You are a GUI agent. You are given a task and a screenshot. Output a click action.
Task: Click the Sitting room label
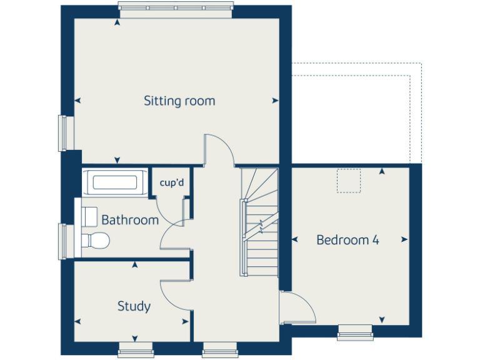click(x=179, y=101)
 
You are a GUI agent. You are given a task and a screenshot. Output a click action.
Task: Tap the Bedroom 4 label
click(x=347, y=240)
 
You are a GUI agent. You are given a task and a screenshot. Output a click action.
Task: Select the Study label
click(x=134, y=306)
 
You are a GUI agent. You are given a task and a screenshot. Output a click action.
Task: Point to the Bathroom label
click(x=130, y=220)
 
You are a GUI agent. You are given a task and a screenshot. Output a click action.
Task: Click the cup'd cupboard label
click(x=171, y=183)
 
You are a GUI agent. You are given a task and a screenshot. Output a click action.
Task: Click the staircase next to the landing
click(x=260, y=222)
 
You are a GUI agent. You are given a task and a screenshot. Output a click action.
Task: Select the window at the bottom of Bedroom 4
click(x=355, y=332)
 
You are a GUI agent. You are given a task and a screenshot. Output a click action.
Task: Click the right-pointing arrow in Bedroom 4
click(x=405, y=240)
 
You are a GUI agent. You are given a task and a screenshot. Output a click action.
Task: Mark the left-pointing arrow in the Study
click(x=77, y=321)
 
